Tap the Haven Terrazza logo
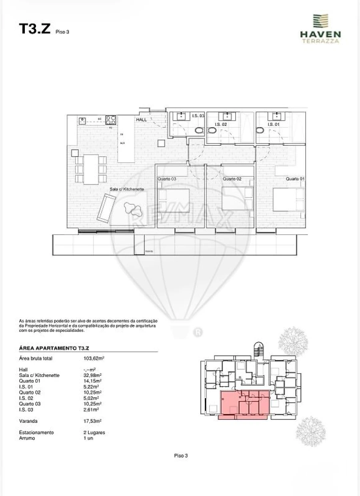(x=320, y=28)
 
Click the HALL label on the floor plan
(x=142, y=120)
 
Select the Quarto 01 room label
(x=295, y=179)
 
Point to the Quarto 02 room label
(x=232, y=179)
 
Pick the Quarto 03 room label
(x=167, y=179)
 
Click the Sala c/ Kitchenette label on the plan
(x=127, y=189)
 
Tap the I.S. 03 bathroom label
(x=198, y=116)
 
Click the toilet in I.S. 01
(x=260, y=130)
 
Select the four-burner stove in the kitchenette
(x=111, y=119)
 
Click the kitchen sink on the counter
(x=83, y=120)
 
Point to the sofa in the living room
(x=105, y=208)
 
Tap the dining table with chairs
(x=91, y=169)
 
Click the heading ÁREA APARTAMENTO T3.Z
(x=56, y=349)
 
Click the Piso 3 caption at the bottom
(x=181, y=455)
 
